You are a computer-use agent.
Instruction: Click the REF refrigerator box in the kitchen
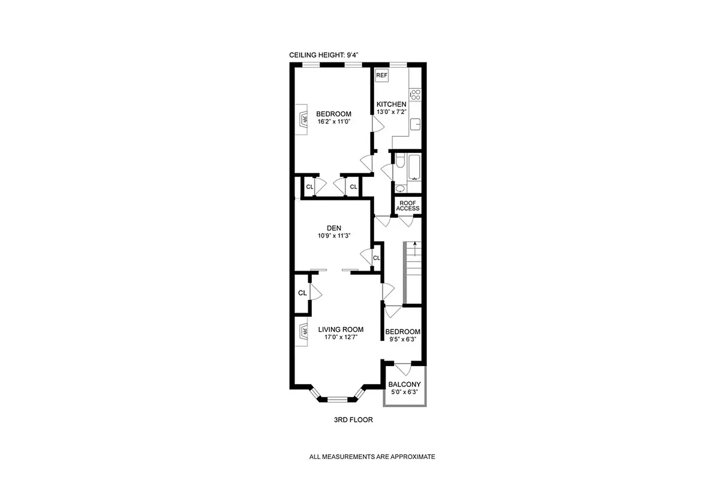click(x=381, y=76)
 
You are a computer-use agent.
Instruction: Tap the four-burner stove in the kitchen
click(x=415, y=94)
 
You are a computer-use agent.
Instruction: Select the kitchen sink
click(x=415, y=125)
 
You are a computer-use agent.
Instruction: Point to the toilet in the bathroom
click(x=401, y=160)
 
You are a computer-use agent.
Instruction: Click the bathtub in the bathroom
click(x=414, y=167)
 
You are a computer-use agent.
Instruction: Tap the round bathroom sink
click(x=401, y=188)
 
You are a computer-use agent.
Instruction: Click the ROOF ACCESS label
click(x=408, y=205)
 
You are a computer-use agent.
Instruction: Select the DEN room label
click(x=334, y=228)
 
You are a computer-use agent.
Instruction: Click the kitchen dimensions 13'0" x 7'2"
click(x=391, y=112)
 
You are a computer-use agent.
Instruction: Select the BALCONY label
click(x=404, y=385)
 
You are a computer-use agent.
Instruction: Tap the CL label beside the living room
click(x=302, y=293)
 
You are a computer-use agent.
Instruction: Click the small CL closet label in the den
click(x=377, y=258)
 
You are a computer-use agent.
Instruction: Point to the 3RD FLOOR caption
click(x=353, y=420)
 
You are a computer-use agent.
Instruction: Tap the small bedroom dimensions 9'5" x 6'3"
click(x=402, y=340)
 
